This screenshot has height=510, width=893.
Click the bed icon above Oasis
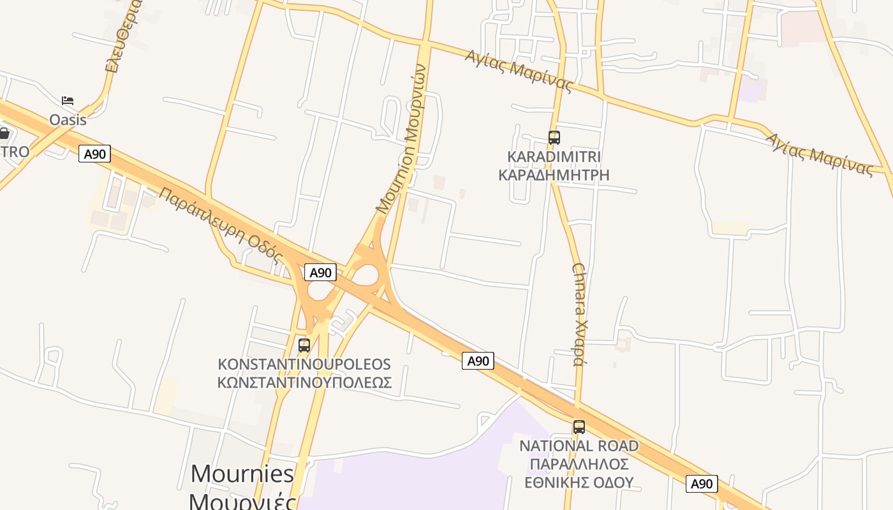(x=68, y=101)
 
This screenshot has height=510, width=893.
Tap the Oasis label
(x=68, y=119)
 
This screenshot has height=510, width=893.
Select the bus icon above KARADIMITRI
(x=554, y=137)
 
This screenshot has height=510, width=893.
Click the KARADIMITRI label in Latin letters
(x=554, y=157)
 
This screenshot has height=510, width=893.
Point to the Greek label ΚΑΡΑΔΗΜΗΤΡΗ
(x=554, y=175)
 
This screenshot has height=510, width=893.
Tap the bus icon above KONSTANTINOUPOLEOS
(x=304, y=346)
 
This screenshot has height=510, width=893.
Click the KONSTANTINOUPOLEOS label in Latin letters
(x=304, y=365)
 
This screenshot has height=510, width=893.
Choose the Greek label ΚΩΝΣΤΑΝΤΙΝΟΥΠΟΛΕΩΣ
(x=304, y=382)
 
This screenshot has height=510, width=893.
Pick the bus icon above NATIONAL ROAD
(x=579, y=427)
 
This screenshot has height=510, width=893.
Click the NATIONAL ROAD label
(x=579, y=446)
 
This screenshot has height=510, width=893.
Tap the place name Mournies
(x=242, y=474)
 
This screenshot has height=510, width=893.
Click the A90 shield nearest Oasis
(x=94, y=154)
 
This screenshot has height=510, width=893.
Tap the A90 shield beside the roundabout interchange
(x=320, y=273)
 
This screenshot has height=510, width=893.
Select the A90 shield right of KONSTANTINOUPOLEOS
(x=478, y=361)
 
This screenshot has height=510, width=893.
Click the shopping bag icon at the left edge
(x=4, y=133)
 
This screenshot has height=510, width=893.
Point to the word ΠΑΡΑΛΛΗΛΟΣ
(x=579, y=463)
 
